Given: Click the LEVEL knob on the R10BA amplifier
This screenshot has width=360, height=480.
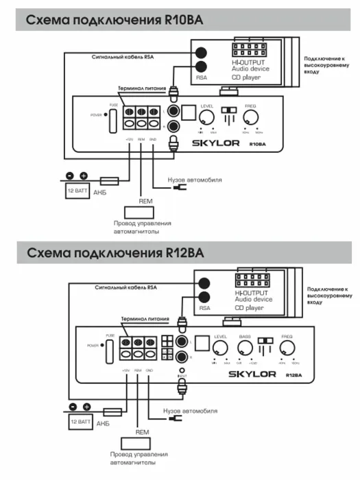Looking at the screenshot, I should [x=206, y=118].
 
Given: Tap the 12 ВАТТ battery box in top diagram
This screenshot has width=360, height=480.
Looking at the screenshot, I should [x=76, y=192].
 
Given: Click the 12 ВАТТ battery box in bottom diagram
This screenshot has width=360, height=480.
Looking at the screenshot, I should [x=81, y=422].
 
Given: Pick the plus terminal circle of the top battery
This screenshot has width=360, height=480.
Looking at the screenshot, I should [x=84, y=176].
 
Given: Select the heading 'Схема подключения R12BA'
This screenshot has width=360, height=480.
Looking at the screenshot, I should [x=115, y=253].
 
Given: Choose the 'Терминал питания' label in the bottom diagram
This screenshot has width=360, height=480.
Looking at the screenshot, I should [x=144, y=319].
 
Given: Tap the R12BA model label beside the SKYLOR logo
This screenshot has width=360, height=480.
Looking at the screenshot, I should [x=293, y=375].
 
